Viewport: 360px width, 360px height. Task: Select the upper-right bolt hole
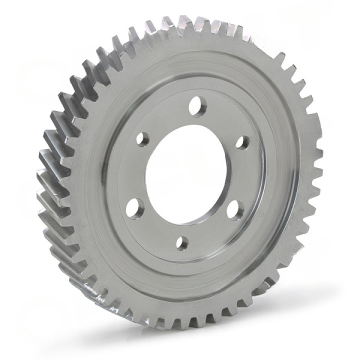[242, 142]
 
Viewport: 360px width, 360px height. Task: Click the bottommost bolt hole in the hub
[183, 243]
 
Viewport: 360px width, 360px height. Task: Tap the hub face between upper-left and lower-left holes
[134, 172]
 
